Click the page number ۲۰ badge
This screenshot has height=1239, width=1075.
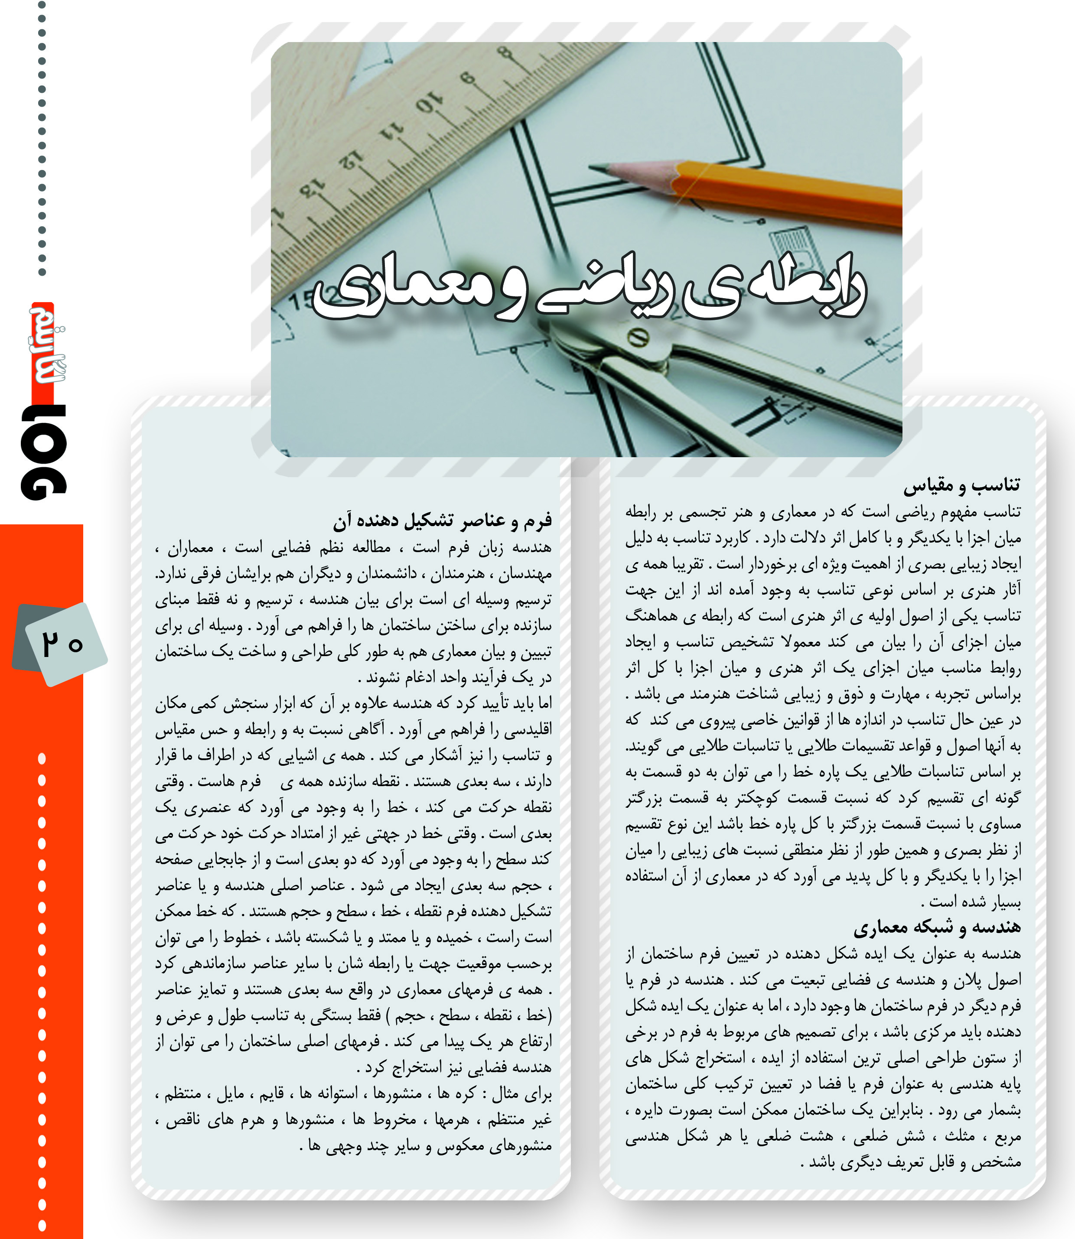[x=62, y=644]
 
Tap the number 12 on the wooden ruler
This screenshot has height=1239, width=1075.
[x=352, y=160]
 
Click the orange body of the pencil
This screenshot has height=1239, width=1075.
[x=792, y=189]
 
